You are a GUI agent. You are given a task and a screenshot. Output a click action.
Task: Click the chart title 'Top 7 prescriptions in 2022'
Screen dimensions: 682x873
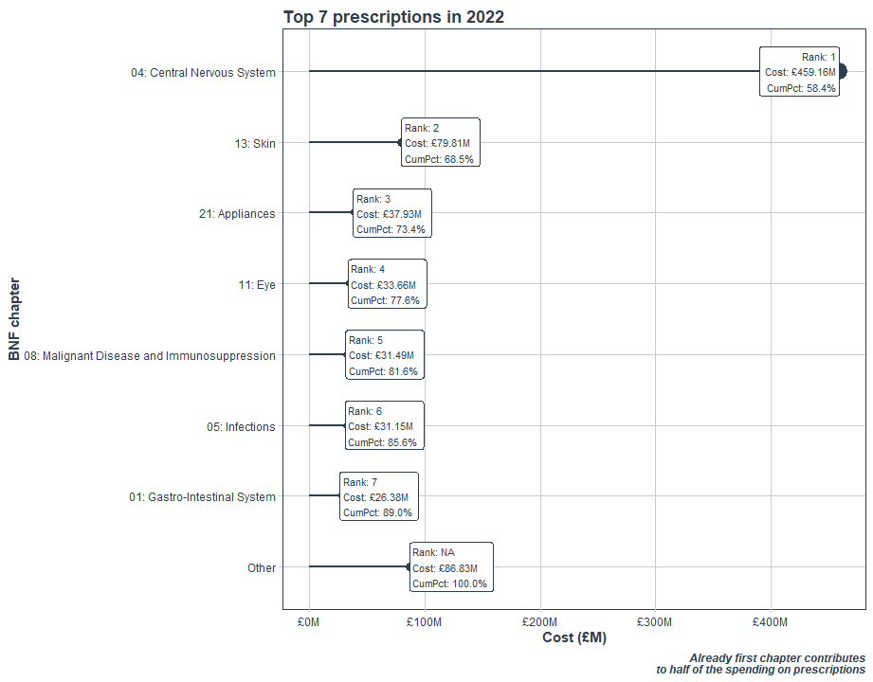pos(393,16)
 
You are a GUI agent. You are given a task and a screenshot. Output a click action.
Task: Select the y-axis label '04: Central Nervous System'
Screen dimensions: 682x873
pos(203,72)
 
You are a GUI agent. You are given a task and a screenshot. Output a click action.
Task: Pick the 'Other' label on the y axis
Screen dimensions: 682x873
pos(262,568)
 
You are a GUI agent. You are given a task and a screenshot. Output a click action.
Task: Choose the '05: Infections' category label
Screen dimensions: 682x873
pos(241,426)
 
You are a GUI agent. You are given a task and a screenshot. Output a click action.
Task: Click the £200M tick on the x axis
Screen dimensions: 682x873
pos(539,622)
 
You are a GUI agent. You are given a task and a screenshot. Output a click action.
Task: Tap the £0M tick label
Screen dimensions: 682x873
pos(309,622)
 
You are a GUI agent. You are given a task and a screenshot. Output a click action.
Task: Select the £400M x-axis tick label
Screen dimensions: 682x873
pos(770,622)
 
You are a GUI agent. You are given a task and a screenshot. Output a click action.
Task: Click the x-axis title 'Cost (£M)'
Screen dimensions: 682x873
pos(573,638)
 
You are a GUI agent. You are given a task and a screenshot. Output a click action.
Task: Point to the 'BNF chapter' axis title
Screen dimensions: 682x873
pos(14,319)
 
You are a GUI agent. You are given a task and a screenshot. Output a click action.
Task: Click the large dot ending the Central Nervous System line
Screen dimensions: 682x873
pos(842,71)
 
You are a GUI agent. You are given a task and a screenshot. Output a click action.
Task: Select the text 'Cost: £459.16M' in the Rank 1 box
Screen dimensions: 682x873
pos(800,72)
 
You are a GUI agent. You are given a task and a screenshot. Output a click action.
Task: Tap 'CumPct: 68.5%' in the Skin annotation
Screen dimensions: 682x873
pos(440,159)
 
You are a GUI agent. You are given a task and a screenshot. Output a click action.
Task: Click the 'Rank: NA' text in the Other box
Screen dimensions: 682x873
pos(434,552)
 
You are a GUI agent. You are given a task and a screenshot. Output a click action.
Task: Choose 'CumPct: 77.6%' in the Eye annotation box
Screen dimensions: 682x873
pos(386,300)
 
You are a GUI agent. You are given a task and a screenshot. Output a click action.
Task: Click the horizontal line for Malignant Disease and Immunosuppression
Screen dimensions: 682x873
pos(326,354)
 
